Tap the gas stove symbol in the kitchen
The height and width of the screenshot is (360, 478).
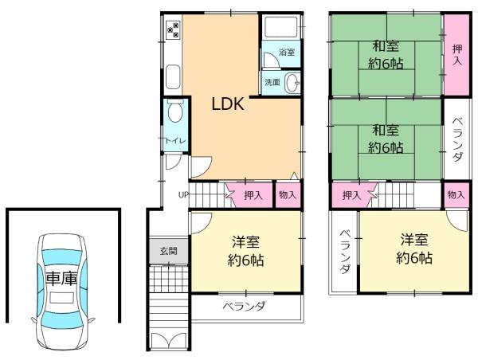click(x=173, y=32)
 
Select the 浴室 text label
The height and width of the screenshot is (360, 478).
click(x=287, y=53)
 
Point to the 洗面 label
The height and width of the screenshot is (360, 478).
click(x=272, y=82)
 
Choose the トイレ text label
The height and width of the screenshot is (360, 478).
click(x=175, y=141)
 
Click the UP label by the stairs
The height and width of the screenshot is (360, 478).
click(x=183, y=194)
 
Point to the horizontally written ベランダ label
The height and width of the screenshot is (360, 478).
click(x=244, y=307)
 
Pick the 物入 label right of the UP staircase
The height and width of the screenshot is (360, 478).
click(x=288, y=194)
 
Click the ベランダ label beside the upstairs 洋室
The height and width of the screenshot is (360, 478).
click(x=344, y=251)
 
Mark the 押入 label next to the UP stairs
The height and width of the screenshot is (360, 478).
click(x=253, y=194)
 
